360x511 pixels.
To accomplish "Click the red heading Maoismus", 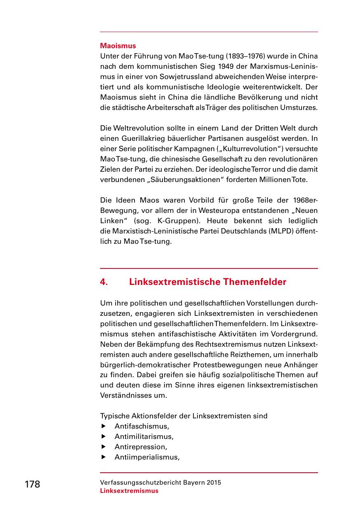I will (x=118, y=46).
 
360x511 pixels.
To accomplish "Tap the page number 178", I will (x=33, y=485).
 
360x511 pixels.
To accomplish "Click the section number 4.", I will (x=104, y=282).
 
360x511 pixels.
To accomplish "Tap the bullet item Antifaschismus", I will (x=142, y=426).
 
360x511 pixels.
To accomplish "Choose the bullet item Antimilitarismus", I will (x=144, y=436).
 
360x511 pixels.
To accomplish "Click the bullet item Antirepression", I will (x=141, y=447).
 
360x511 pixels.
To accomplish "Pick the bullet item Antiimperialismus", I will (x=147, y=457).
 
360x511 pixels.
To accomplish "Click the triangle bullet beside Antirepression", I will (x=104, y=447).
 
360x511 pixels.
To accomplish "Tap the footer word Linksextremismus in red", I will (x=129, y=491).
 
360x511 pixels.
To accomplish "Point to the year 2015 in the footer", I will (x=214, y=483).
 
